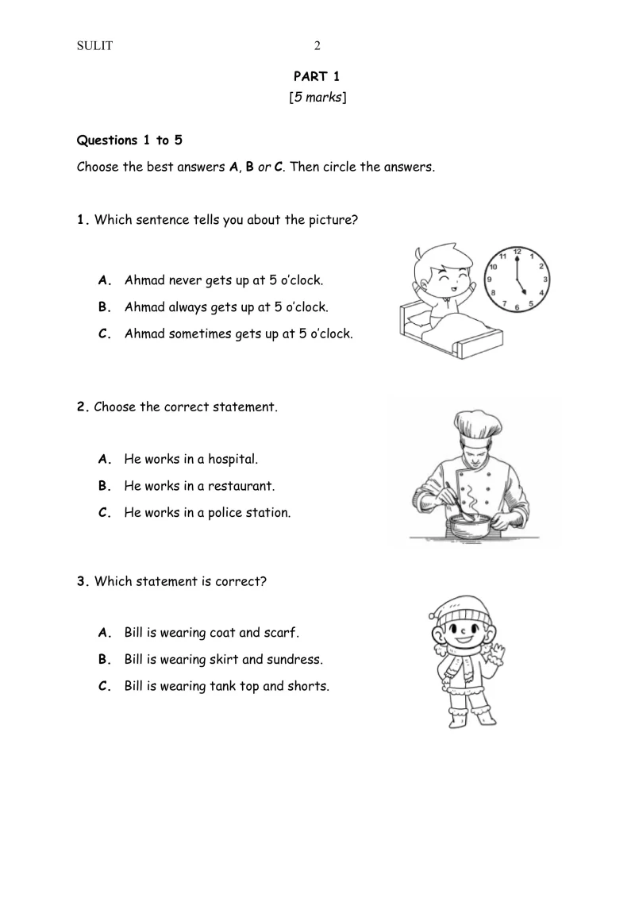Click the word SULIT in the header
coord(94,45)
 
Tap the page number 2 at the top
coord(317,45)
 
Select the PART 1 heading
coord(317,76)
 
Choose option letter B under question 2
coord(102,486)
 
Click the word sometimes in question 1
coord(201,334)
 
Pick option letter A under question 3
coord(102,633)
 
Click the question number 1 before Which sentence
coord(82,220)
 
